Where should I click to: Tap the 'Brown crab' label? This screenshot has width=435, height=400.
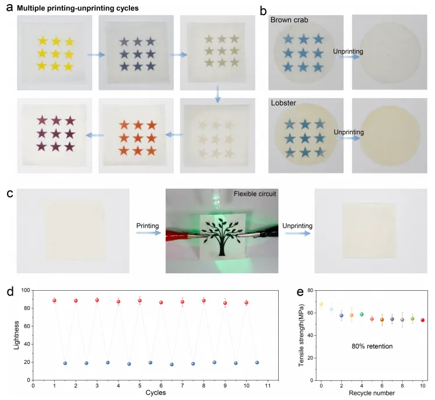(289, 20)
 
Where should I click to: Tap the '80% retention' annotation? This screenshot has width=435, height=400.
(373, 346)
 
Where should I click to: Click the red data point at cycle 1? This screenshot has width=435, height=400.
(54, 301)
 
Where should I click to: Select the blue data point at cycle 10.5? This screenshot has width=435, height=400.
(257, 363)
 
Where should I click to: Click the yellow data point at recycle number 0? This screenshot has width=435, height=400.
(321, 304)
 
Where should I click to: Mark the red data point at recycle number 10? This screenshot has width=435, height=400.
(422, 320)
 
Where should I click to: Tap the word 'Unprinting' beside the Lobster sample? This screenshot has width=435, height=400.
(349, 132)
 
